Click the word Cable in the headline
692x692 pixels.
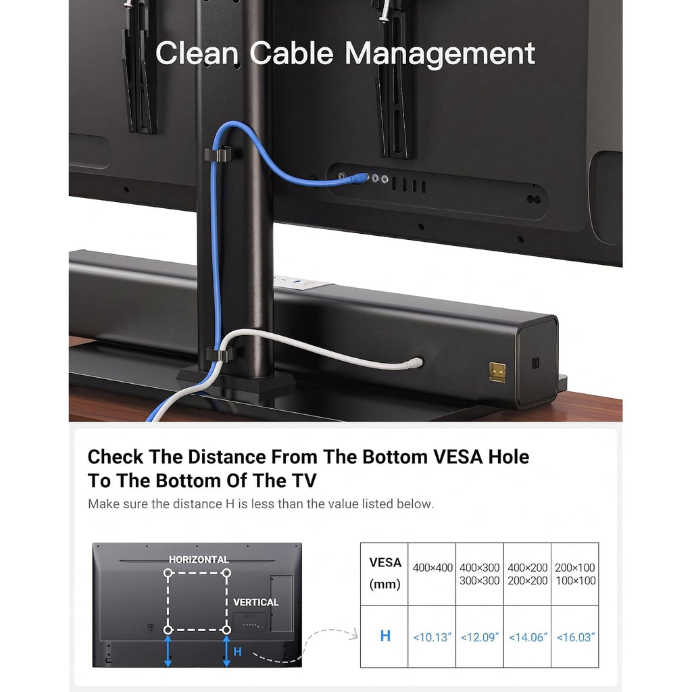[x=291, y=53]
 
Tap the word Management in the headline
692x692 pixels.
[x=439, y=54]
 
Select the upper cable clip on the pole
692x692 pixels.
[x=218, y=154]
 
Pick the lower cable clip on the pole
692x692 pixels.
[x=220, y=354]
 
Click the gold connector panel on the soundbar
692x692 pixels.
[x=497, y=372]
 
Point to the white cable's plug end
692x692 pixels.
[x=417, y=363]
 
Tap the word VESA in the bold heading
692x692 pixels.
[x=458, y=457]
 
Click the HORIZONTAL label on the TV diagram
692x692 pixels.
[x=199, y=560]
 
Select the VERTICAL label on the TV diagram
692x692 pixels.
[x=256, y=602]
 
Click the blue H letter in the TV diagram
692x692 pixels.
[x=237, y=651]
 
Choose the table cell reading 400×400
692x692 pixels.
[x=432, y=574]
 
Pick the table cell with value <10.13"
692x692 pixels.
[x=432, y=637]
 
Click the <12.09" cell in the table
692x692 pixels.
[x=480, y=637]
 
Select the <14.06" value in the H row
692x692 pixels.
[x=527, y=637]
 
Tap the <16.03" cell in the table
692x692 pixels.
[x=575, y=637]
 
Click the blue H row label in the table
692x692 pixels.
[x=385, y=636]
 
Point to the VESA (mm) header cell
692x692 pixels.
[x=385, y=574]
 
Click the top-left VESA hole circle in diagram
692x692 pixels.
[x=168, y=573]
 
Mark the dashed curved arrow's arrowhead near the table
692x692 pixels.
[x=353, y=635]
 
